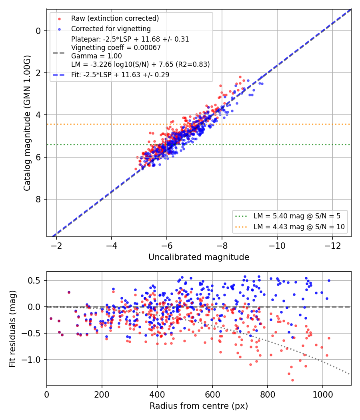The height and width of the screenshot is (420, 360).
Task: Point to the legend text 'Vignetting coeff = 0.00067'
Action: [x=116, y=48]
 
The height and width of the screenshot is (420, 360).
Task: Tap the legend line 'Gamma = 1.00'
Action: [x=96, y=56]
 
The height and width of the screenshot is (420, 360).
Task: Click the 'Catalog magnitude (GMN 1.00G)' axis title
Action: [x=27, y=123]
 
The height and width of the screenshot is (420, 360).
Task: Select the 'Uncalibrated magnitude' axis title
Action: [x=199, y=257]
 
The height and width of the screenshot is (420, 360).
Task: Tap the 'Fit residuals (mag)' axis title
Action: [x=12, y=329]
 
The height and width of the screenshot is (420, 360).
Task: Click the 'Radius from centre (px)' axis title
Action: [x=199, y=406]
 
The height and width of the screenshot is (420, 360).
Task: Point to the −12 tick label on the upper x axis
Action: [x=332, y=246]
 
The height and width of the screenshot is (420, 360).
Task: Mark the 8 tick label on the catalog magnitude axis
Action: [x=38, y=199]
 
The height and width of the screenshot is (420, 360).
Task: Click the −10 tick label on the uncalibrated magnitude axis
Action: [x=277, y=246]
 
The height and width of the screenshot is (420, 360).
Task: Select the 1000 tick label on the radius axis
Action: [x=323, y=394]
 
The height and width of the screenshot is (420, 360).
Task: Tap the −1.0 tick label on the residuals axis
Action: [x=31, y=360]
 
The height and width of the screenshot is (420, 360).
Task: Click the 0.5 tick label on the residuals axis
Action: [x=34, y=280]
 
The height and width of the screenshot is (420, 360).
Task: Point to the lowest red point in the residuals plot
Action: [x=292, y=380]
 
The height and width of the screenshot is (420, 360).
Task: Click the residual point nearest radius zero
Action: [x=51, y=318]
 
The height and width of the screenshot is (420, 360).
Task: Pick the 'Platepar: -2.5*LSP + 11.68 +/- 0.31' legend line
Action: [x=130, y=39]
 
